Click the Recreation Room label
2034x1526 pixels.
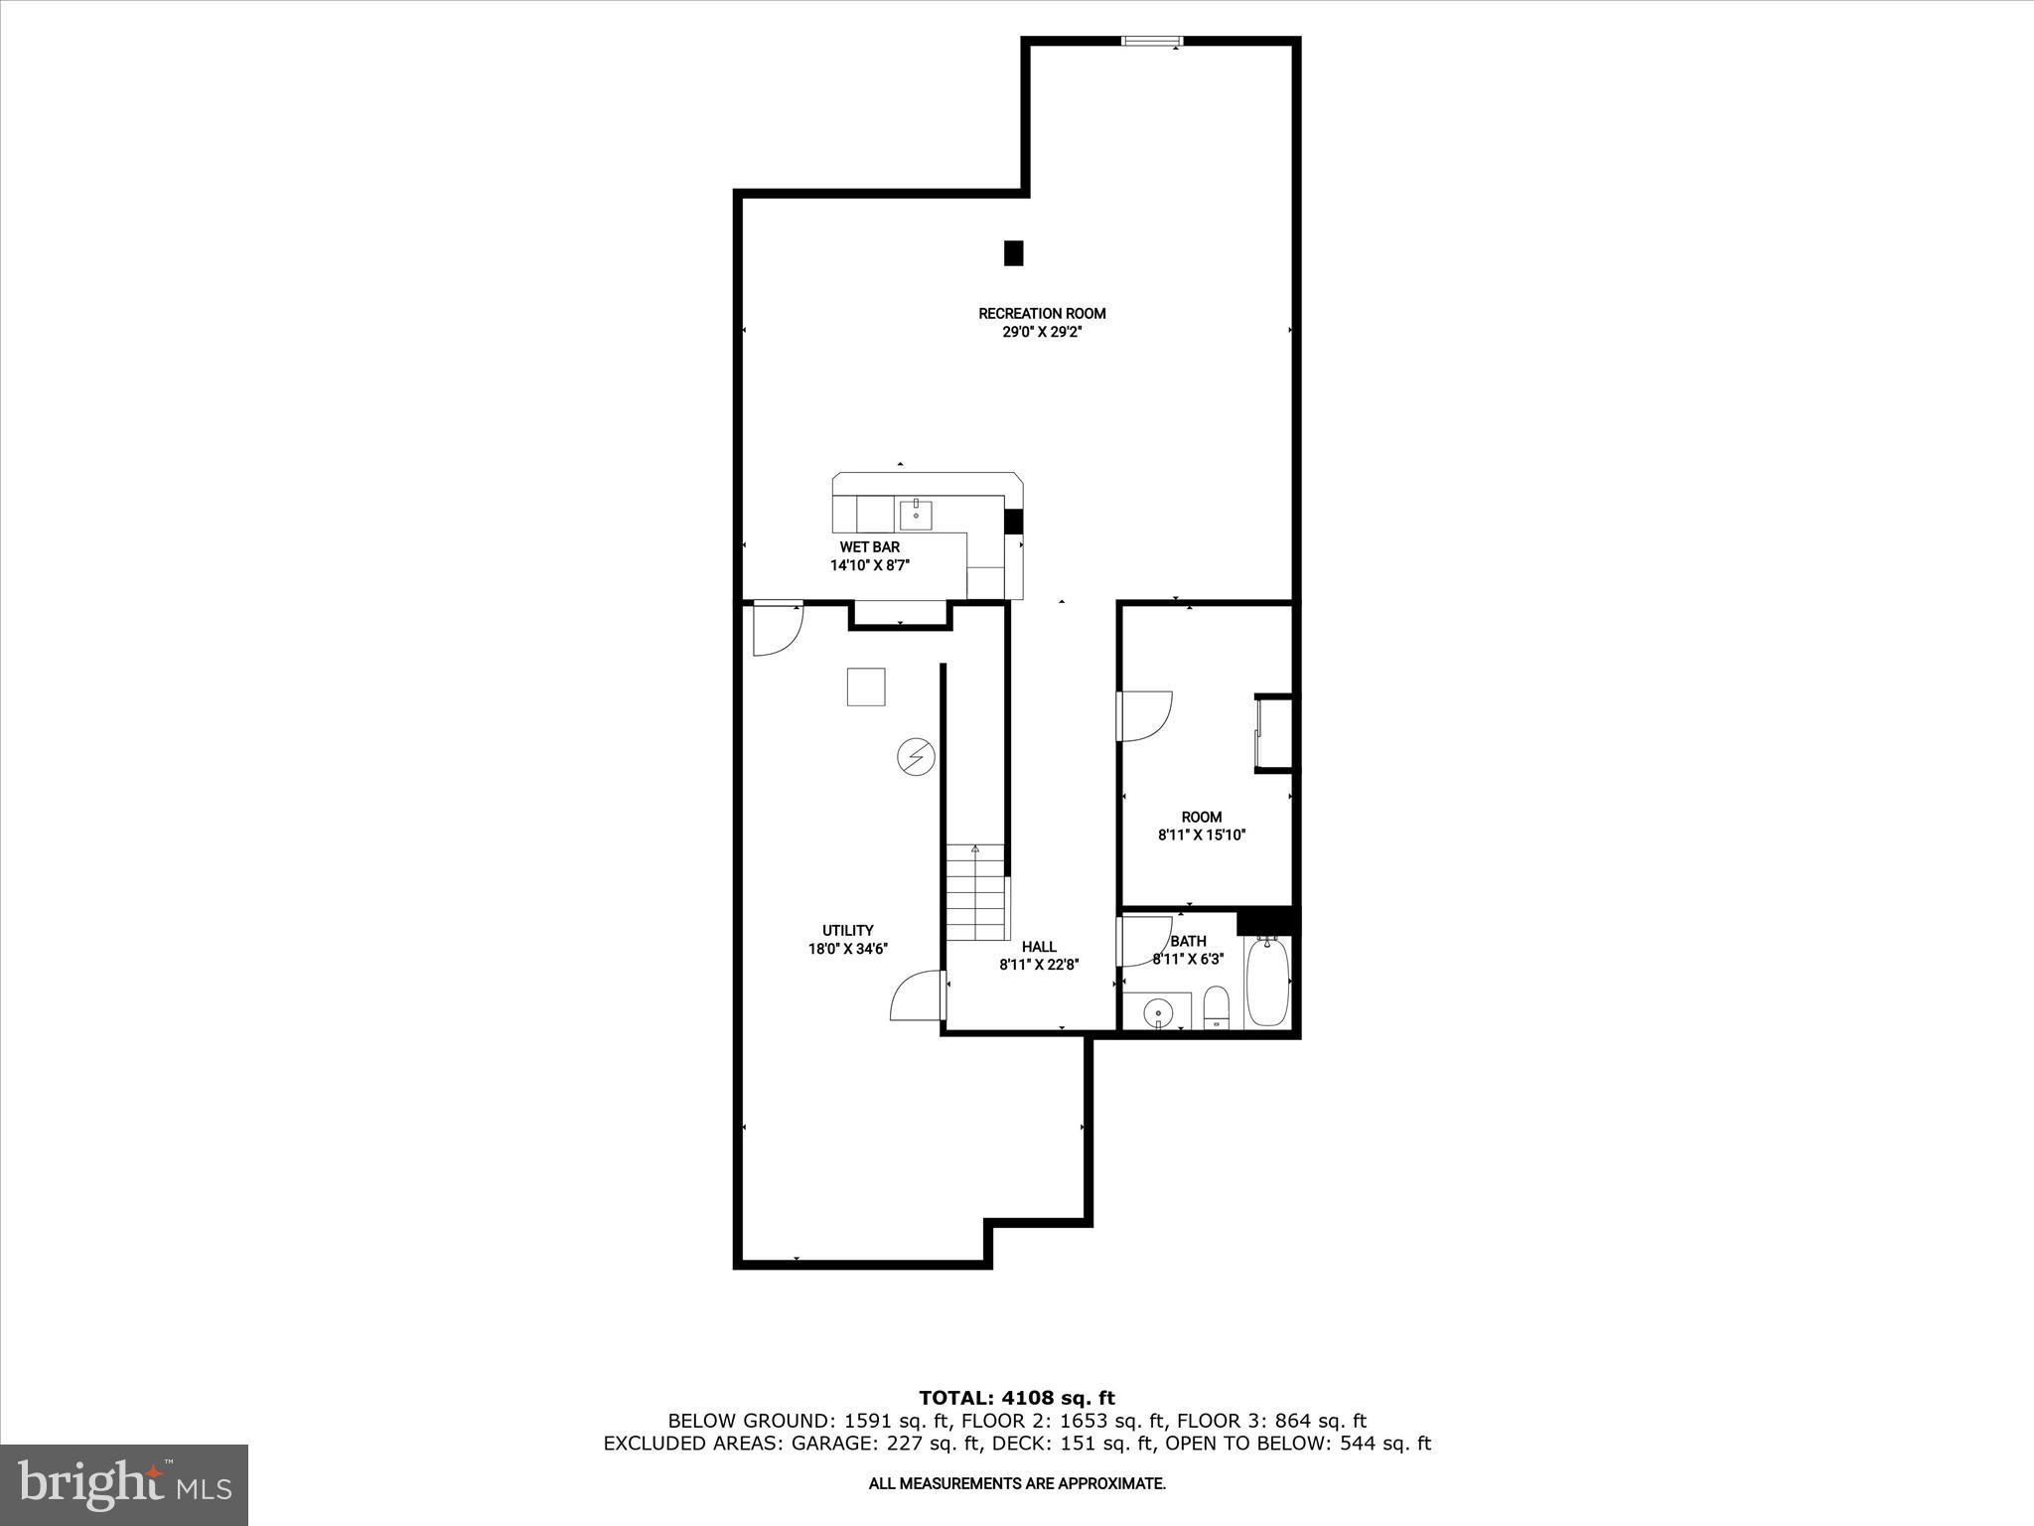[x=1042, y=314]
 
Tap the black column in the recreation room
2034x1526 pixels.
[x=1013, y=253]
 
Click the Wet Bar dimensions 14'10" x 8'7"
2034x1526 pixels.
[x=870, y=565]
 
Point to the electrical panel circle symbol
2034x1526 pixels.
[x=916, y=757]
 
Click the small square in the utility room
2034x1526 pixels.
[x=865, y=687]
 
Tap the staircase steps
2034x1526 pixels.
[x=975, y=893]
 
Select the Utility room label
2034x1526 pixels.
[x=847, y=931]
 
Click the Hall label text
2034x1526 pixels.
[x=1039, y=947]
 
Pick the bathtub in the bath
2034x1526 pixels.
[x=1267, y=982]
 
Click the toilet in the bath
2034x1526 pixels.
[x=1216, y=1007]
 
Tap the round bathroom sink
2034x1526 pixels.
[x=1157, y=1013]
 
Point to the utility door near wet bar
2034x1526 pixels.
[x=777, y=629]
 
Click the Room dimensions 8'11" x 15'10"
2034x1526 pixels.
[x=1202, y=836]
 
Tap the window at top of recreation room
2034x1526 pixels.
[x=1152, y=41]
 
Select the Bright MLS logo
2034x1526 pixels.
[x=124, y=1484]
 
